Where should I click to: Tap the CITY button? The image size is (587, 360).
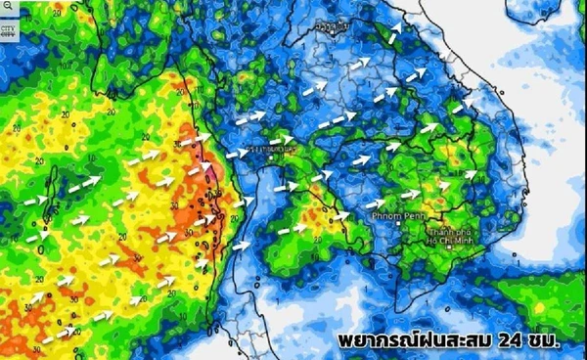tap(9, 28)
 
